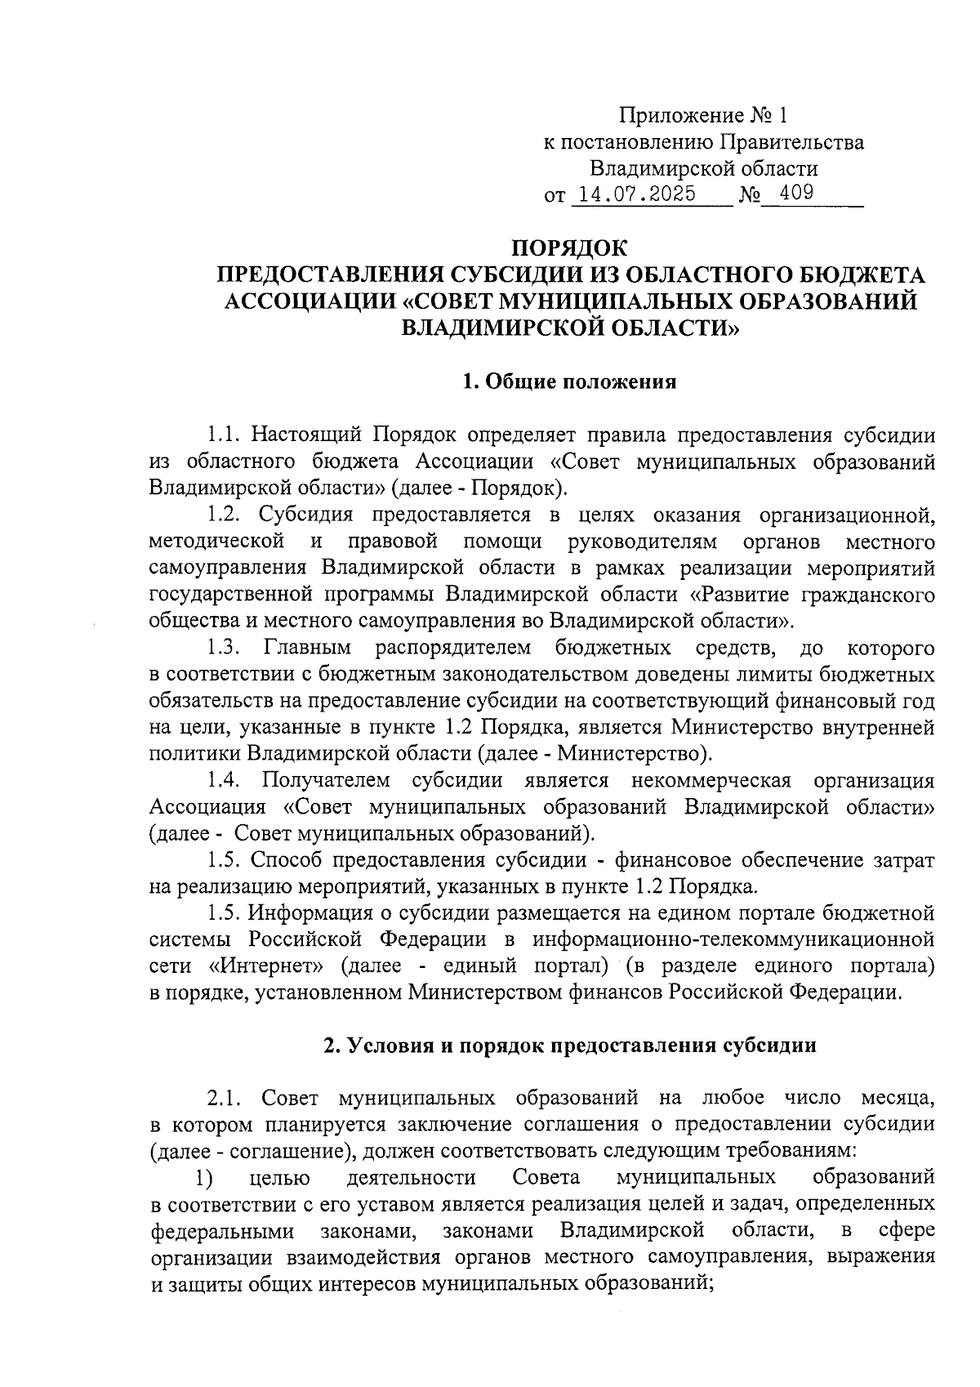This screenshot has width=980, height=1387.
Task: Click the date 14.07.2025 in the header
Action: [636, 194]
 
